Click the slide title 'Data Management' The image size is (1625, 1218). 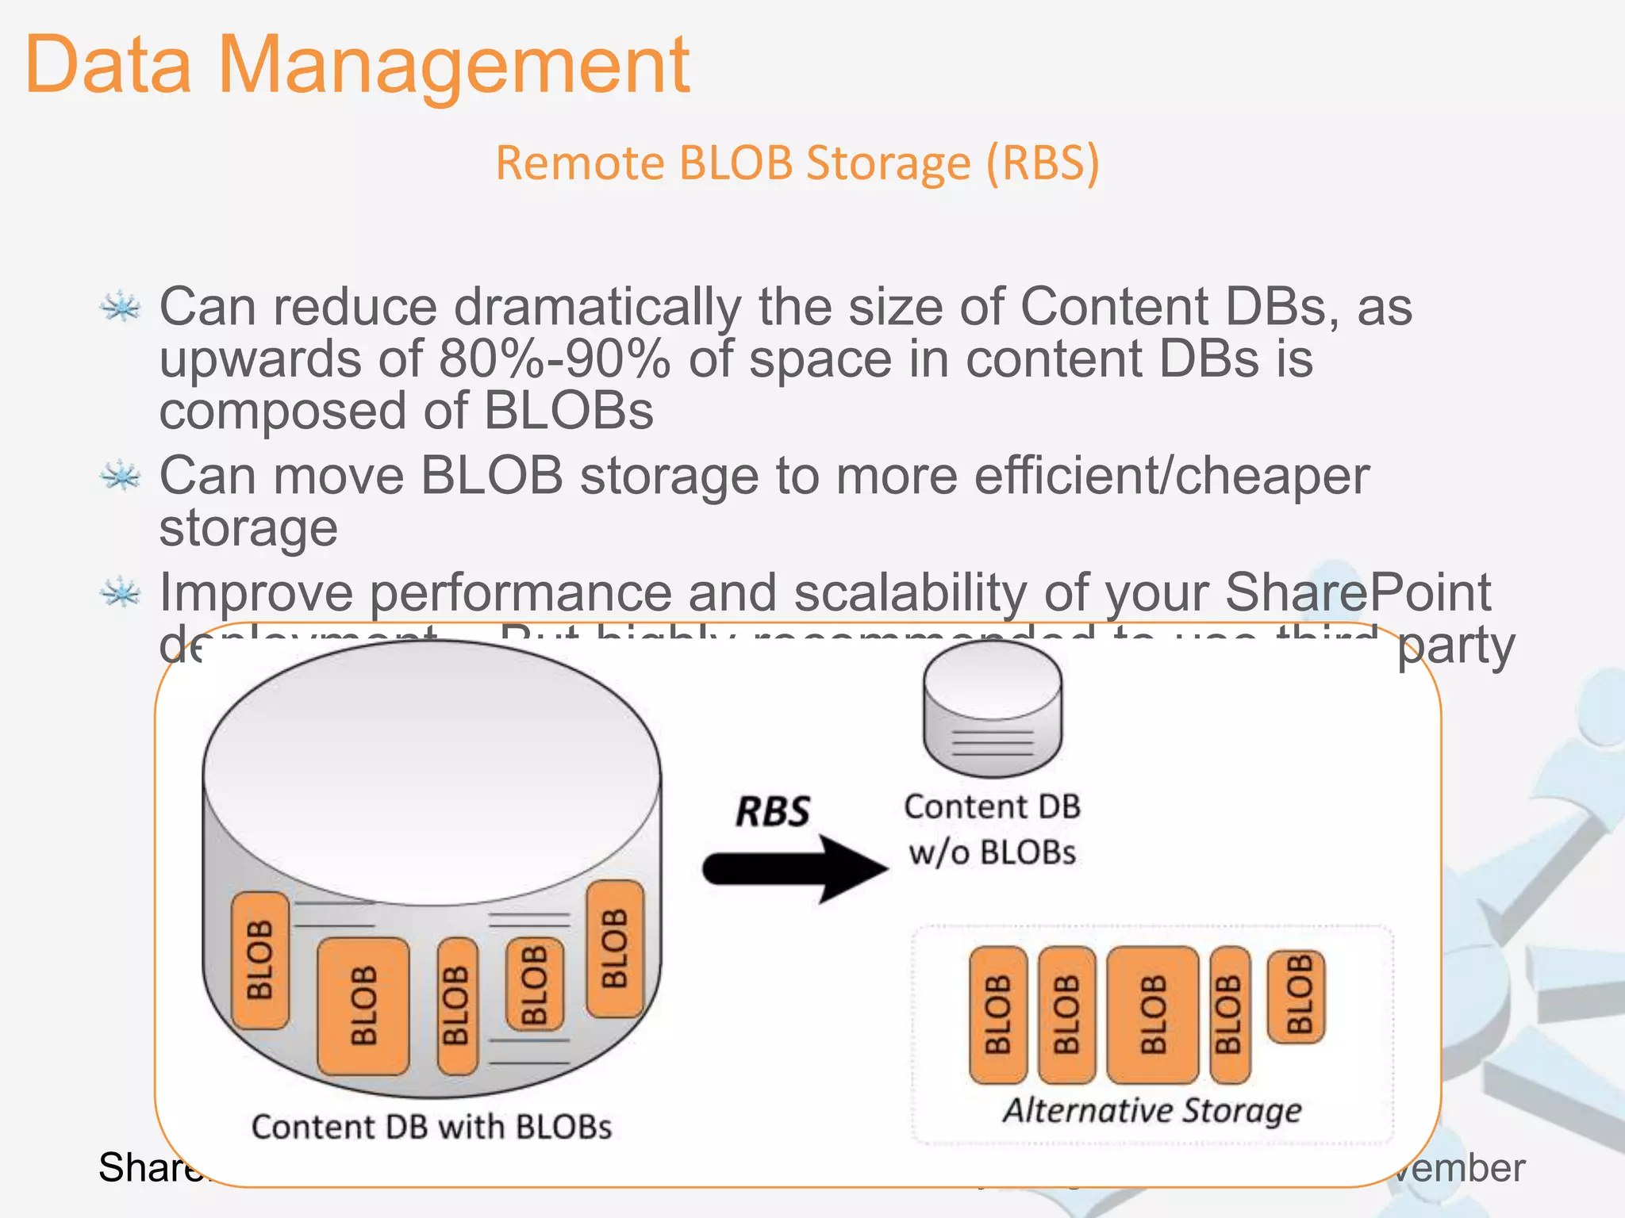tap(357, 65)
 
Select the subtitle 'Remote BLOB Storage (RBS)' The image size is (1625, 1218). tap(797, 163)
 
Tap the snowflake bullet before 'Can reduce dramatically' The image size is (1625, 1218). tap(121, 307)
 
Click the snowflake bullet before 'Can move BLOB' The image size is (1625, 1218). tap(121, 476)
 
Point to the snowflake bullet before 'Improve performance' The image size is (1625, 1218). tap(121, 592)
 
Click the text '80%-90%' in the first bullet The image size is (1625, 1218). tap(554, 359)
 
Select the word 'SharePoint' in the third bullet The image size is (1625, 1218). tap(1358, 592)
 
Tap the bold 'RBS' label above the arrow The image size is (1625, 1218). tap(772, 812)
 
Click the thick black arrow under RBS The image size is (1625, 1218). tap(793, 868)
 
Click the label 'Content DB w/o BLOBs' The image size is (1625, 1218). tap(992, 829)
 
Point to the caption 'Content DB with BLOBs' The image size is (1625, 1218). tap(432, 1127)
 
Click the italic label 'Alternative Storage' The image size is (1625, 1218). tap(1152, 1109)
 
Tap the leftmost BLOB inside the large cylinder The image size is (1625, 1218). tap(259, 960)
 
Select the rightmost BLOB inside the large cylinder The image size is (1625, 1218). tap(614, 948)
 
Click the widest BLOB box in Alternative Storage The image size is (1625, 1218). tap(1152, 1015)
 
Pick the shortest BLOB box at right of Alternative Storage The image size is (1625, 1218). tap(1296, 996)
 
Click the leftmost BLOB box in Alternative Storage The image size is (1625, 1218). tap(998, 1015)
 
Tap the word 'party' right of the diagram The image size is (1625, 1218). tap(1455, 646)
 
